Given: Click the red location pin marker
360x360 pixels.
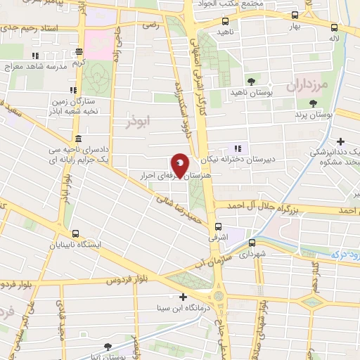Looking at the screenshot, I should coord(180,165).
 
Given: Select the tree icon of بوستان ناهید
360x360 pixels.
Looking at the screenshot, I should coord(251,82).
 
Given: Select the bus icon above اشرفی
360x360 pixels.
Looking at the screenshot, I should coord(218,226).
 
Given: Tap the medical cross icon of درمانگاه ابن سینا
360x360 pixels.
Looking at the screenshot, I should coord(184,297).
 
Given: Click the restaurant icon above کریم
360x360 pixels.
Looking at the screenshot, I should coord(79,51).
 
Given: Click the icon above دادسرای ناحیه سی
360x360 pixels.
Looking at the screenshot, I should coord(76,138).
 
